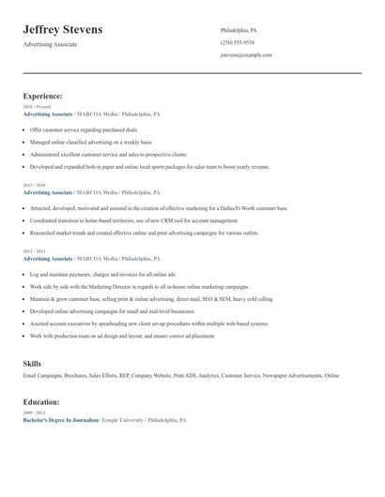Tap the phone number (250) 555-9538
click(237, 42)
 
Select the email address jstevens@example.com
click(246, 54)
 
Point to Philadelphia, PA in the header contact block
click(239, 30)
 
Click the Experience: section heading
click(43, 96)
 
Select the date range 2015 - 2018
click(34, 185)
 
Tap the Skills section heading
click(33, 362)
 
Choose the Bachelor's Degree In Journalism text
click(60, 420)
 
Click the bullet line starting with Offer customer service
click(84, 129)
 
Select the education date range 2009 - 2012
click(33, 413)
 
